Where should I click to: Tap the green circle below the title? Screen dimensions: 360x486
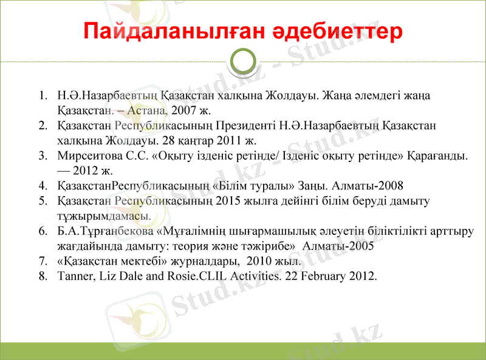(x=244, y=61)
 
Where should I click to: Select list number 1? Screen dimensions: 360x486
(x=43, y=96)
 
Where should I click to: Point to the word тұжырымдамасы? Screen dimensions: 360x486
(x=100, y=216)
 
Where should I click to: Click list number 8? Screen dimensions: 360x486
(x=43, y=276)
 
